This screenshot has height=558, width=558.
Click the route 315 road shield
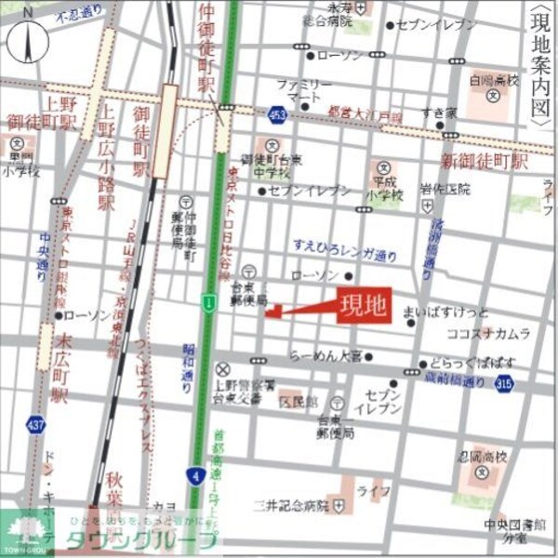click(504, 381)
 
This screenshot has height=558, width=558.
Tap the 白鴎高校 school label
click(494, 81)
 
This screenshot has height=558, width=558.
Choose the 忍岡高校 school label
click(488, 456)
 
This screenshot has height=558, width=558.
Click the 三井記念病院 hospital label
click(292, 506)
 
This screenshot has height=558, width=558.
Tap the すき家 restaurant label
click(438, 113)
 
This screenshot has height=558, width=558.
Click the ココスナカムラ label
click(488, 333)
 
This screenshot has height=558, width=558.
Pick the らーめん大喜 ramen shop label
click(325, 356)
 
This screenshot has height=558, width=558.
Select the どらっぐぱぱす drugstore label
click(466, 365)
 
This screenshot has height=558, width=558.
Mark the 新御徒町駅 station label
click(484, 159)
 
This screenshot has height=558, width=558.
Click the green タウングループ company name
click(139, 540)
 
